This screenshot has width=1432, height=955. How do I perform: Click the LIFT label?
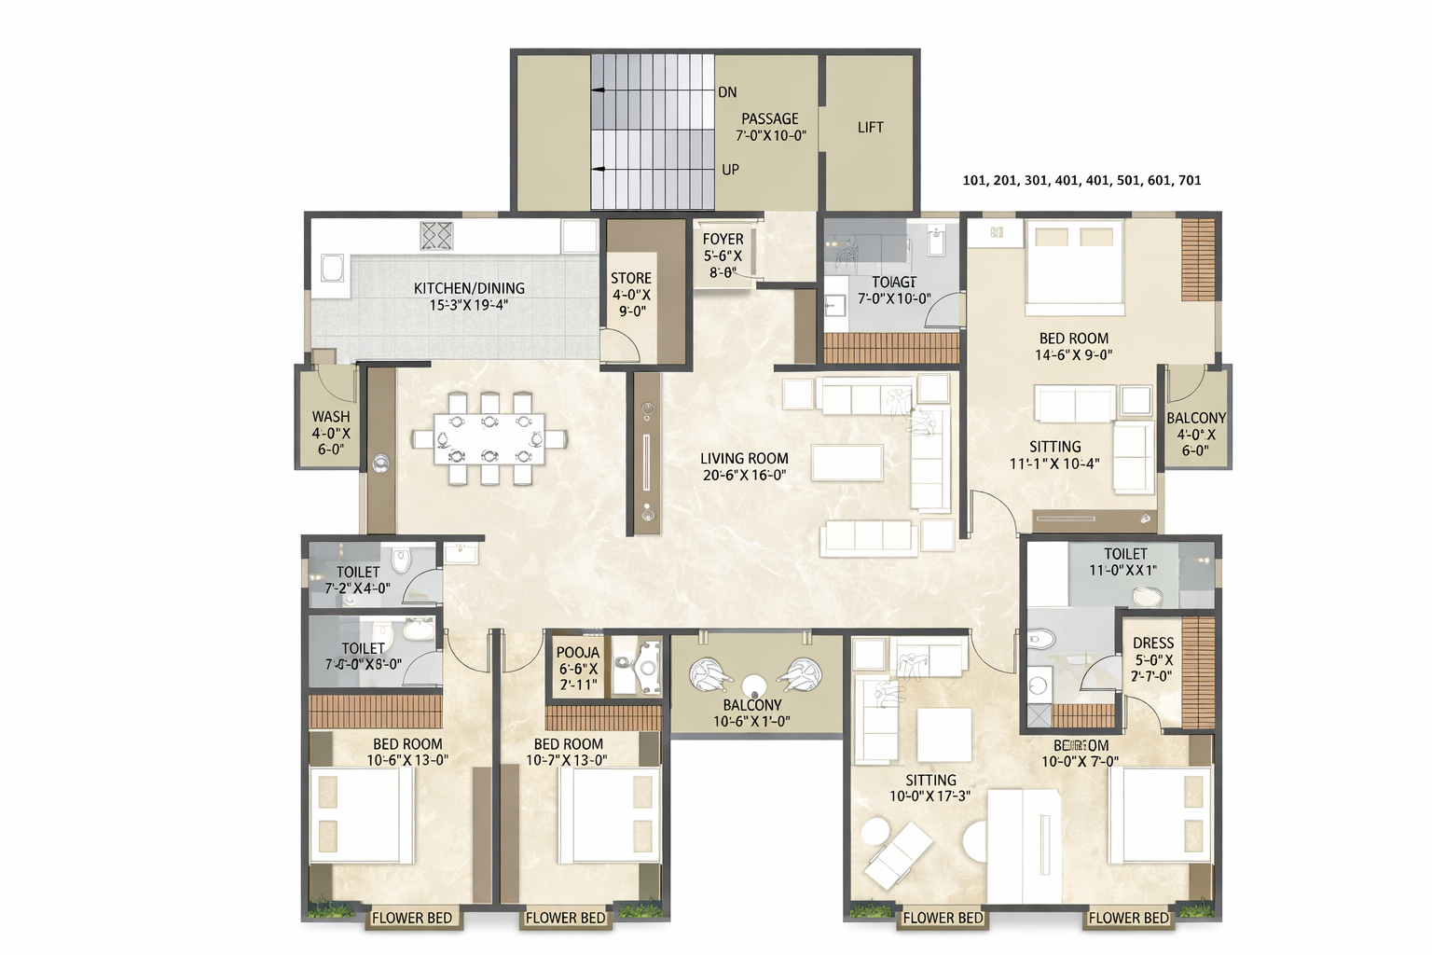point(870,127)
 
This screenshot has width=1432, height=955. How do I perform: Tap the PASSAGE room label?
point(769,118)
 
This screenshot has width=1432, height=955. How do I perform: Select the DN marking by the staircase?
point(727,92)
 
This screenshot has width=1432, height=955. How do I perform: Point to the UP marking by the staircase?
point(730,170)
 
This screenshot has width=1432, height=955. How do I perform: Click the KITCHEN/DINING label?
point(469,288)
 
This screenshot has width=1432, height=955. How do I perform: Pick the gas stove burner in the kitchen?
point(435,236)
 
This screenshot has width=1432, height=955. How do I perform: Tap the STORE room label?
point(630,278)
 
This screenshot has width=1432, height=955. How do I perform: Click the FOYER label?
point(723,240)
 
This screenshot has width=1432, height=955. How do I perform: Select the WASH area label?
point(331,417)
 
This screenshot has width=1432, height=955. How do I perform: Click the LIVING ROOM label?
point(744,459)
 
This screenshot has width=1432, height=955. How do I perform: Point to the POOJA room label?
point(578,653)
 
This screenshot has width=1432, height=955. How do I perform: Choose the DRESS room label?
point(1152,644)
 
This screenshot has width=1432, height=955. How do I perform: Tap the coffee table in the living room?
point(847,463)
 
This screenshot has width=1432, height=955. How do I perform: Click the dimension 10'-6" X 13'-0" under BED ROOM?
point(407,760)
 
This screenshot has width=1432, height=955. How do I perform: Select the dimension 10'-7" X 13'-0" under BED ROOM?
point(567,760)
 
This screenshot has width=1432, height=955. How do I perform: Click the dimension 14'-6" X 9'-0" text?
point(1074,355)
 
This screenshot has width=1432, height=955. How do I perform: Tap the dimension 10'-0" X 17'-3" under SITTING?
point(929,796)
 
